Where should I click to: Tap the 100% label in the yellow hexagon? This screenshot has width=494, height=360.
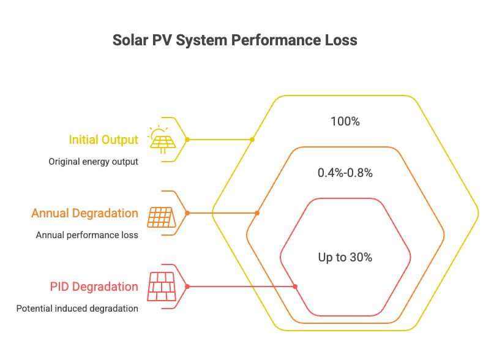click(x=345, y=122)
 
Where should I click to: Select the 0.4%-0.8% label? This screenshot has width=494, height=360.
click(x=345, y=173)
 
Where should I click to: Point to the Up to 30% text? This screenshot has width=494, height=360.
click(x=345, y=258)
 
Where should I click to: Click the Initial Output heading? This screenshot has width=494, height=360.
click(x=103, y=140)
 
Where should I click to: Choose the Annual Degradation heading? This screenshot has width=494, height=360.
click(x=84, y=213)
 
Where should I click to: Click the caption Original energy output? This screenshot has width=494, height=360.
click(x=93, y=162)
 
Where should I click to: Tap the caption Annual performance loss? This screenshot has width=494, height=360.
click(x=87, y=235)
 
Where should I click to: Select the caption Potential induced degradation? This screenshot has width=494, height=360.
click(x=77, y=309)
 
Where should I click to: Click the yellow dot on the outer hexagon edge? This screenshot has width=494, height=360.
click(x=252, y=140)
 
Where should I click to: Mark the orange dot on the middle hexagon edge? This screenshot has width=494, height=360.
click(x=257, y=213)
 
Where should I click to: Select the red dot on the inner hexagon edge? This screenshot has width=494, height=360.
click(x=295, y=287)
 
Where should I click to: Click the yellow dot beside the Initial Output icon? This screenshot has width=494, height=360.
click(x=187, y=140)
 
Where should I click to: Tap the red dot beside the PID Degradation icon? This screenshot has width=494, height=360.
click(x=187, y=287)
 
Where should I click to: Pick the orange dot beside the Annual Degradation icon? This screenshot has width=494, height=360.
click(x=187, y=213)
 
